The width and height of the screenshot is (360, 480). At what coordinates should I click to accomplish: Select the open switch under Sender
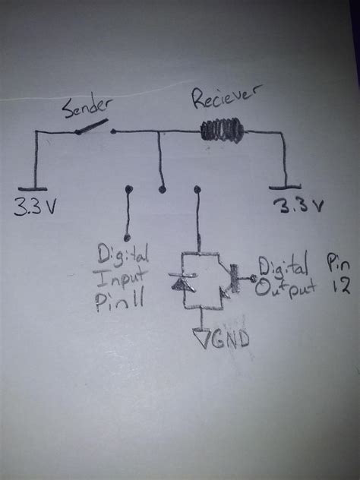[96, 130]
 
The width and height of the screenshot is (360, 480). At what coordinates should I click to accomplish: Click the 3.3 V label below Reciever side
[298, 206]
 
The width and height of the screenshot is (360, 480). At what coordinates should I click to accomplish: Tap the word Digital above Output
[283, 267]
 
